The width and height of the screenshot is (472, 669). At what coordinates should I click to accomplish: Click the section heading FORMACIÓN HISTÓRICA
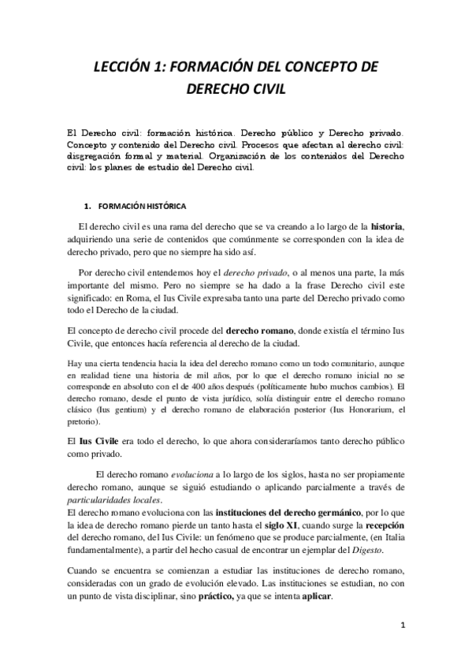[142, 206]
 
